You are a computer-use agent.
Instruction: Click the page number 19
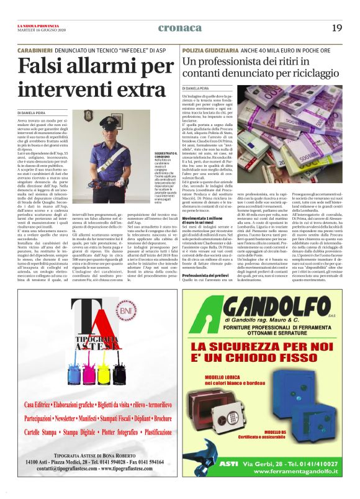pyautogui.click(x=337, y=27)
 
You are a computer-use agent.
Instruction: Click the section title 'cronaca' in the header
pyautogui.click(x=179, y=27)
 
